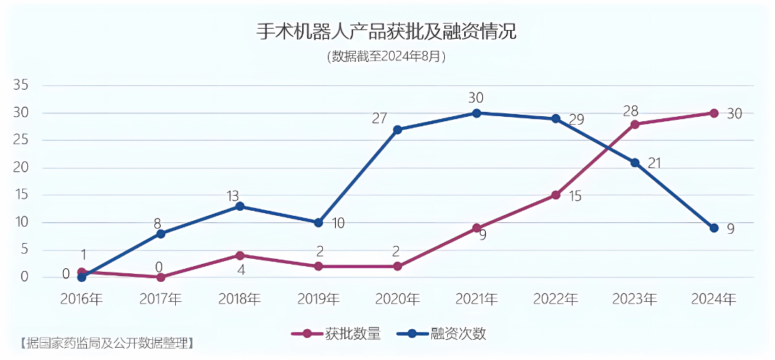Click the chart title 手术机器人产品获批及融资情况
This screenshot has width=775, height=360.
387,32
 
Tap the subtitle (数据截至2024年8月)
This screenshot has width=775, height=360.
387,56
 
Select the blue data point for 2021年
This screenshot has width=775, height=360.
476,113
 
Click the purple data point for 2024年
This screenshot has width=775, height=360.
714,113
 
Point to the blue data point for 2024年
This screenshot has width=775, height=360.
714,228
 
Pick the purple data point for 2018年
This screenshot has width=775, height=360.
240,255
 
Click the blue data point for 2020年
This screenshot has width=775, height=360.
398,130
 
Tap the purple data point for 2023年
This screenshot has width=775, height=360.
635,124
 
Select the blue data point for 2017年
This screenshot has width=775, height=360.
161,234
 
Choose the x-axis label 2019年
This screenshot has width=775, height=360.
319,299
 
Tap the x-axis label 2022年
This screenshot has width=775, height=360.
555,299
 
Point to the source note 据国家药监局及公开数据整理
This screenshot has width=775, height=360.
107,343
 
